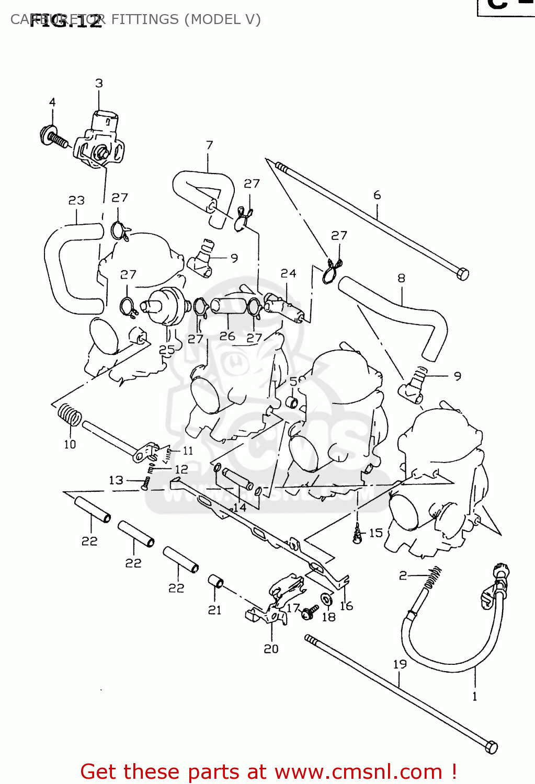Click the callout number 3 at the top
[99, 83]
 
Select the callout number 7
[209, 145]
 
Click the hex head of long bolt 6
[462, 273]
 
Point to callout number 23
[76, 200]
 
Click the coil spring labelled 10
[70, 415]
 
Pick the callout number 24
[288, 273]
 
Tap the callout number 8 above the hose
[401, 278]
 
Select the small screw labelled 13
[145, 482]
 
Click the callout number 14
[240, 507]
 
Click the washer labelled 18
[326, 599]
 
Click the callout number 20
[271, 649]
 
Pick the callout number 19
[400, 664]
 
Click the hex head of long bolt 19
[491, 747]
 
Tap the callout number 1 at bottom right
[474, 696]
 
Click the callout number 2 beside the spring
[403, 575]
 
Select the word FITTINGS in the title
[145, 19]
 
